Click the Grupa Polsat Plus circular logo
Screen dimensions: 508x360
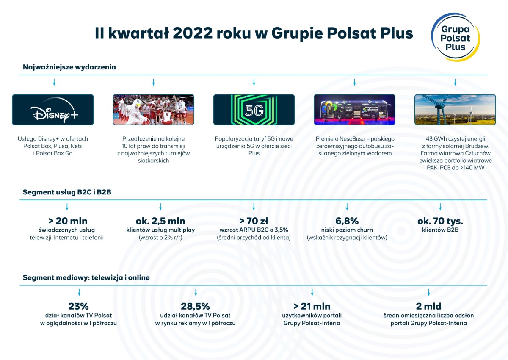456,37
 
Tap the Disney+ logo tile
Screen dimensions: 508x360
53,110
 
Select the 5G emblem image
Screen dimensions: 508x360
254,110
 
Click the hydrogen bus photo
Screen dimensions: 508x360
354,110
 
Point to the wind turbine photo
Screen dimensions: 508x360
455,110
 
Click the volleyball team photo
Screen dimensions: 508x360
154,110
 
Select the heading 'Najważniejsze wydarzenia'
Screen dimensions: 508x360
69,67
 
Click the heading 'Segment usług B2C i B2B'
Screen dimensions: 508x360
67,192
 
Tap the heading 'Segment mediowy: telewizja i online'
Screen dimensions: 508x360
86,277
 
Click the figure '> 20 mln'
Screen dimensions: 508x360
68,221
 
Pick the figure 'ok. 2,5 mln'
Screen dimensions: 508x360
160,221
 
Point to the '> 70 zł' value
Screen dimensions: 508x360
254,221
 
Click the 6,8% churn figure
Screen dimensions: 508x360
347,221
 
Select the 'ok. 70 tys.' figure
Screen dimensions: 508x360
440,221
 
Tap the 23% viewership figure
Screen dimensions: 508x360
78,306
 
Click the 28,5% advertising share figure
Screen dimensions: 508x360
195,306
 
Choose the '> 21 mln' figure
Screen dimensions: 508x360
312,306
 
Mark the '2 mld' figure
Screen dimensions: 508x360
428,306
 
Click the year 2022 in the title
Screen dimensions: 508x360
193,33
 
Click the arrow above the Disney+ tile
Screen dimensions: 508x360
54,82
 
